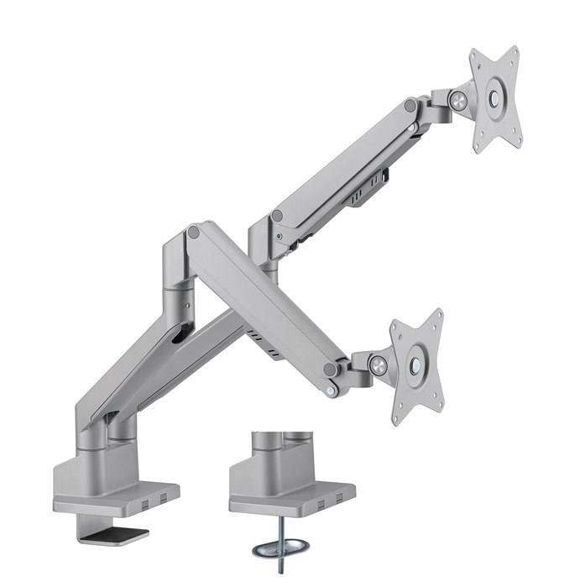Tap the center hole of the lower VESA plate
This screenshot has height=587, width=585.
pos(415,364)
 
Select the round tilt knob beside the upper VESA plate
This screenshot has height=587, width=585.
pos(457,99)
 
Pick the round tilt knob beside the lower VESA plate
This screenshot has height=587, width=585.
pos(379,365)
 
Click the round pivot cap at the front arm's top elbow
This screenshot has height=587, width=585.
pos(194,230)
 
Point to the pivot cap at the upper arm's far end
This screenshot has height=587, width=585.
pos(410,107)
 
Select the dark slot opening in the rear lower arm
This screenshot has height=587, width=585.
pos(179,334)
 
